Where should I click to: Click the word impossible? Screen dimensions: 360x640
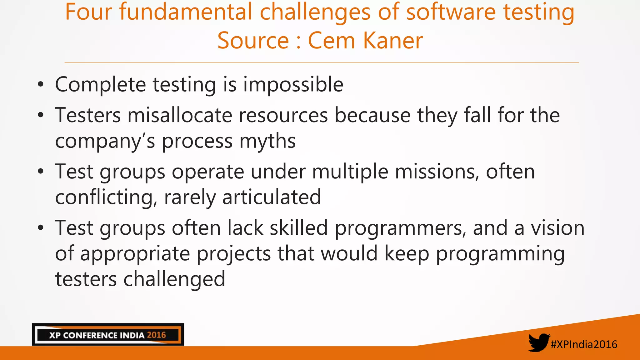pyautogui.click(x=293, y=85)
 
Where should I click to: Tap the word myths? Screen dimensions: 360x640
pyautogui.click(x=267, y=141)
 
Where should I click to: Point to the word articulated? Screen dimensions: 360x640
pyautogui.click(x=272, y=197)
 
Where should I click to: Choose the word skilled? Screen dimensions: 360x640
pyautogui.click(x=299, y=228)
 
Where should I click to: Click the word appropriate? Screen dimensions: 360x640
pyautogui.click(x=135, y=254)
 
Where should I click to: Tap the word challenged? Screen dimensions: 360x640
pyautogui.click(x=174, y=279)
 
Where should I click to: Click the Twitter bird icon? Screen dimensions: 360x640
pyautogui.click(x=539, y=342)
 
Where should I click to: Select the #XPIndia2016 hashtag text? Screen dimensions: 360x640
pyautogui.click(x=584, y=344)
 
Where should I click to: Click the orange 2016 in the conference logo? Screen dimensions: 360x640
pyautogui.click(x=156, y=335)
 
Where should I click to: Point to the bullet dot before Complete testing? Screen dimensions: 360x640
pyautogui.click(x=41, y=85)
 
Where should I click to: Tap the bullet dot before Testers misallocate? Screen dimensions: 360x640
pyautogui.click(x=41, y=115)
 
